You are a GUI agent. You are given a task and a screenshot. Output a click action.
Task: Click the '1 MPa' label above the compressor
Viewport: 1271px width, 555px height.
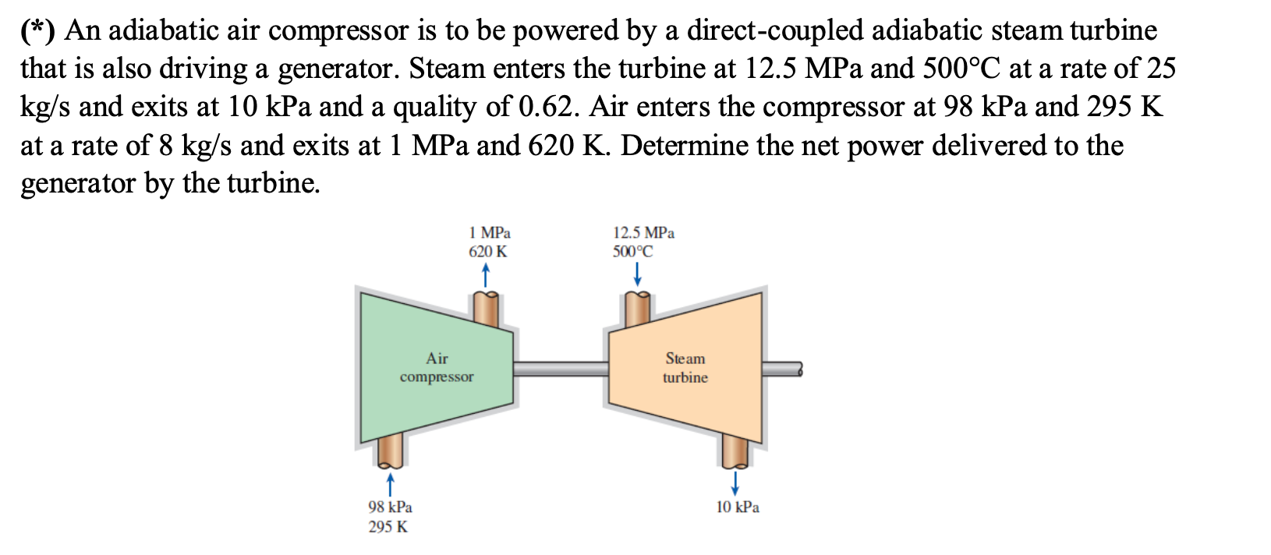490,232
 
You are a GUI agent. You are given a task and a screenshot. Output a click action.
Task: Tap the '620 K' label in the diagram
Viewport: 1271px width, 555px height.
487,252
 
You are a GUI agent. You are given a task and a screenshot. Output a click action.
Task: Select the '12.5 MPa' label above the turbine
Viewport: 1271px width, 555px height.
643,232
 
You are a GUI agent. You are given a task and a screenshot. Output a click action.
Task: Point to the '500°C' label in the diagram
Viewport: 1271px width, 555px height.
632,252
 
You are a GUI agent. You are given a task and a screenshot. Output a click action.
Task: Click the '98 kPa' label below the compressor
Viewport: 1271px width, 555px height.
390,507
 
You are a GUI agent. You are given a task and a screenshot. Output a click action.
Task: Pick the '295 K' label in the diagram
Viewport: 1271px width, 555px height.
388,526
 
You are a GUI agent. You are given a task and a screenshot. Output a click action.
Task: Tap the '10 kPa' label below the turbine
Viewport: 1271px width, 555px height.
738,507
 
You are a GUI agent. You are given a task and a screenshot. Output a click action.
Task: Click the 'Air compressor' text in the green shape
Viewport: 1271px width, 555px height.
437,367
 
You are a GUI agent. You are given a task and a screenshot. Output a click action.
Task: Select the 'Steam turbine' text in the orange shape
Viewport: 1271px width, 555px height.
685,367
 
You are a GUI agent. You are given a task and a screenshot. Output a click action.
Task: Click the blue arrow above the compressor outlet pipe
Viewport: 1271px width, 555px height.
485,274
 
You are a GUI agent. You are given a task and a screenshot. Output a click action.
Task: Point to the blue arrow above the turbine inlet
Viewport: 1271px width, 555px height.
637,274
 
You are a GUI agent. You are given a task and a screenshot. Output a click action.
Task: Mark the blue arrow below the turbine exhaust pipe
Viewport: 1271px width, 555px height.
735,480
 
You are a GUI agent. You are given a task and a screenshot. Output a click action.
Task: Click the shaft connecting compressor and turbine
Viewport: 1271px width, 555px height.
561,368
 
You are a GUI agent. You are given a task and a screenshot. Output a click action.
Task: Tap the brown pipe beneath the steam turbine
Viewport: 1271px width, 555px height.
735,451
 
